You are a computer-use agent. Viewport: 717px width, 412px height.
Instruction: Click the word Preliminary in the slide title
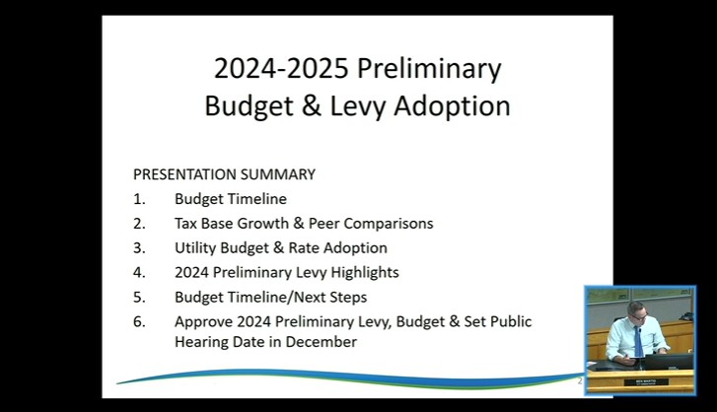coord(429,69)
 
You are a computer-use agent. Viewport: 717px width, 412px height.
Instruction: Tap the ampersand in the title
coord(311,105)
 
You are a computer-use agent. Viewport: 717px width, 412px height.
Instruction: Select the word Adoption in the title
coord(452,106)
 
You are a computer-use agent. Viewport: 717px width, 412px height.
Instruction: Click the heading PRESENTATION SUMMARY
coord(224,174)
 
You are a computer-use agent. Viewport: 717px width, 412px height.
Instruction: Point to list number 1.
coord(139,199)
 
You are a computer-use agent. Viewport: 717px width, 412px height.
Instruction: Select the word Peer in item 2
coord(323,224)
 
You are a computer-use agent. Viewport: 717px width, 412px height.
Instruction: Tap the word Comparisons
coord(389,224)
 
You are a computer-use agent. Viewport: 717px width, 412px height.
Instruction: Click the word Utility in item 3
coord(195,248)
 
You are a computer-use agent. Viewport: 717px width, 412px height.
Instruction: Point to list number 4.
coord(139,273)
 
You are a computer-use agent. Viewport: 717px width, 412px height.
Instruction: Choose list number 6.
coord(139,322)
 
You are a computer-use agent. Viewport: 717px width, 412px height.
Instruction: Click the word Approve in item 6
coord(203,322)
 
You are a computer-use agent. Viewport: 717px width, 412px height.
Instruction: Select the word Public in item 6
coord(511,321)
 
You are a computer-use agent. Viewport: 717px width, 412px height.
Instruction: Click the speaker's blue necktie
coord(638,341)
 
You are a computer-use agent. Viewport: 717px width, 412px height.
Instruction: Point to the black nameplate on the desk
coord(645,381)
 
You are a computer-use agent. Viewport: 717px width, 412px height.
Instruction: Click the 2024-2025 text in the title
coord(281,69)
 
